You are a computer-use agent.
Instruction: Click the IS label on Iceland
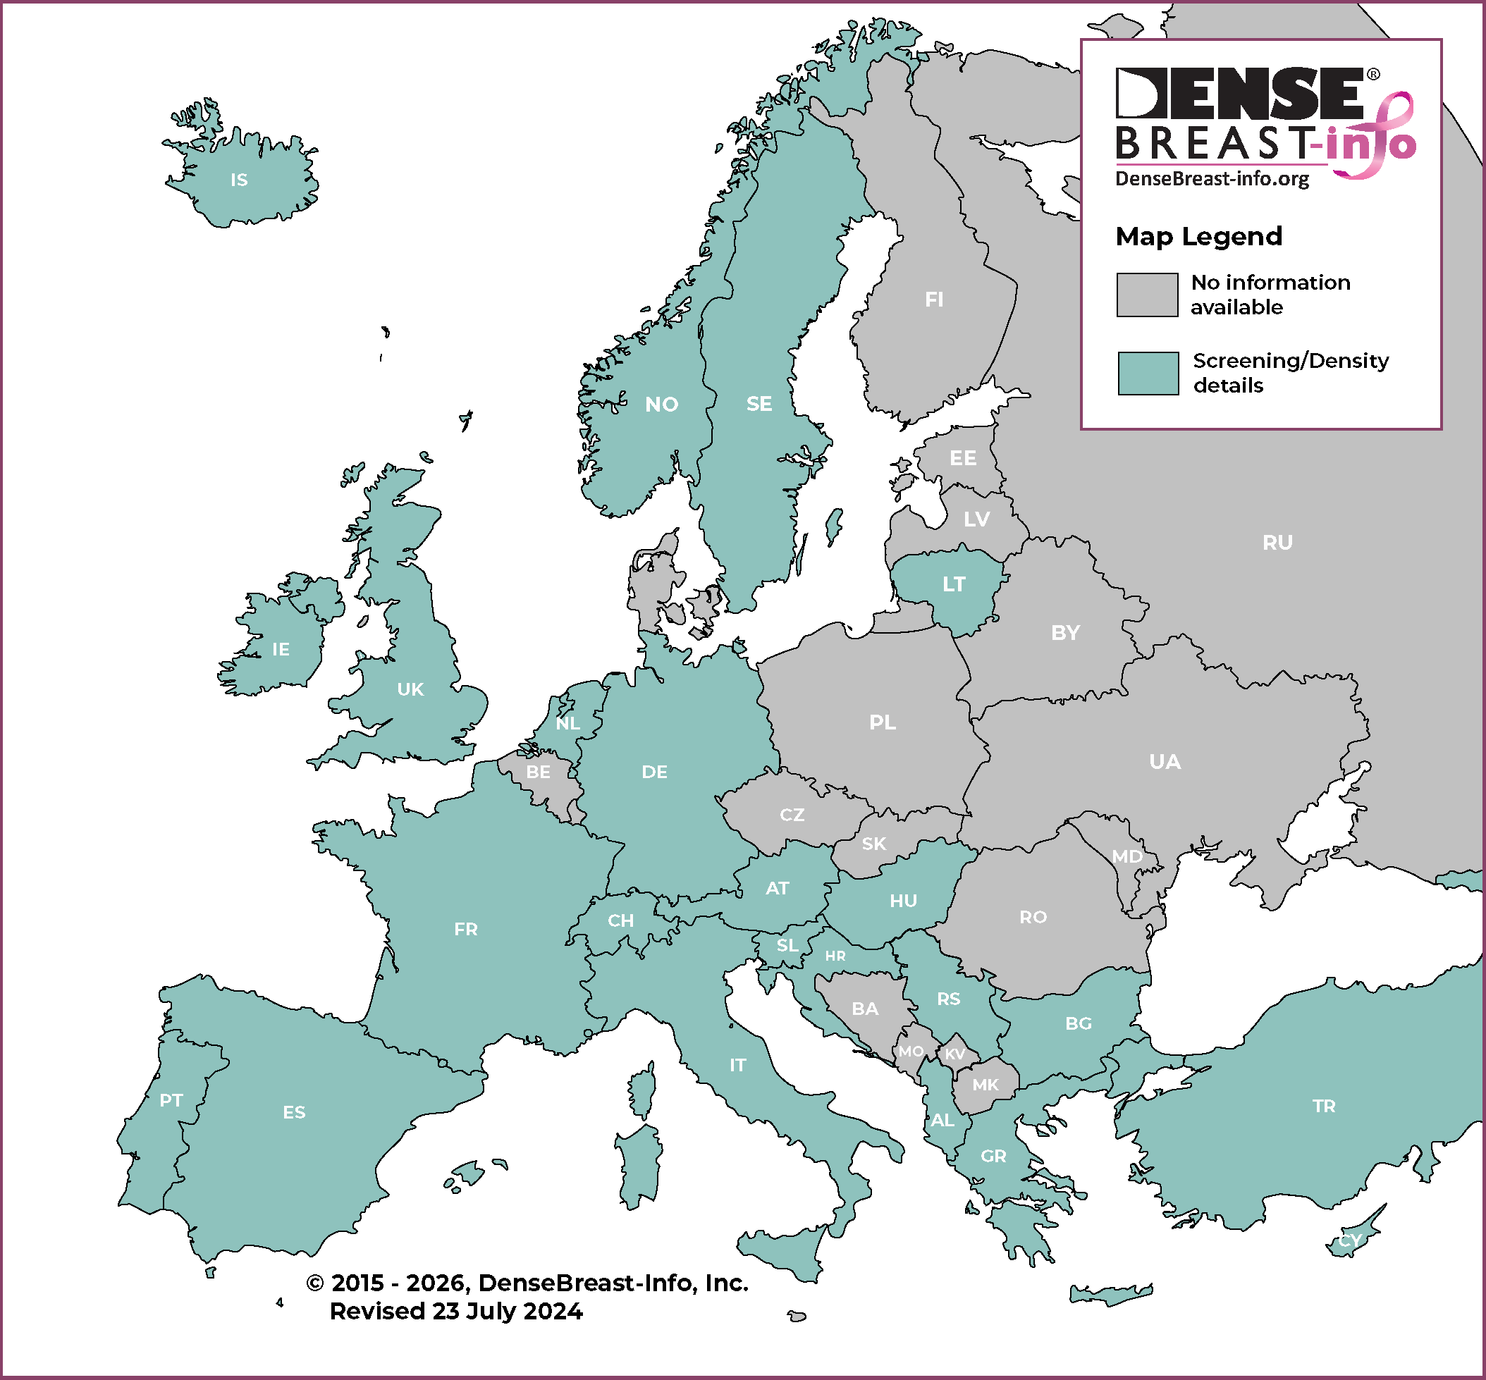pyautogui.click(x=239, y=180)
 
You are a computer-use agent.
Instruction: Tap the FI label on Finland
pyautogui.click(x=934, y=300)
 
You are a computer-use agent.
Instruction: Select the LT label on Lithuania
pyautogui.click(x=954, y=584)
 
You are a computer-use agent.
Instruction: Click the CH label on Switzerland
pyautogui.click(x=620, y=920)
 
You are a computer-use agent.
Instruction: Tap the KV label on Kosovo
pyautogui.click(x=955, y=1054)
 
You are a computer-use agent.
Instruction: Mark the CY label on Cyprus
pyautogui.click(x=1350, y=1240)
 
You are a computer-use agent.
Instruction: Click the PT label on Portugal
pyautogui.click(x=171, y=1100)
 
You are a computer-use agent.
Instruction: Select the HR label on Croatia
pyautogui.click(x=835, y=956)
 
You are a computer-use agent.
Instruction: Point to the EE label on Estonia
pyautogui.click(x=962, y=457)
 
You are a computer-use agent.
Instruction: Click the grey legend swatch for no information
pyautogui.click(x=1147, y=295)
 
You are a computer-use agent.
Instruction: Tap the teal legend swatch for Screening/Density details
pyautogui.click(x=1148, y=374)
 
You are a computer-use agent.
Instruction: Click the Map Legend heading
pyautogui.click(x=1198, y=237)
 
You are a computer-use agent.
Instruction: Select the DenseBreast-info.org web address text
pyautogui.click(x=1212, y=178)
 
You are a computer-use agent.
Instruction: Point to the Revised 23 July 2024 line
pyautogui.click(x=456, y=1312)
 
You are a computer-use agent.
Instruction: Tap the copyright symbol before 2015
pyautogui.click(x=315, y=1283)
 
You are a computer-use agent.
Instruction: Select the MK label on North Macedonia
pyautogui.click(x=985, y=1084)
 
